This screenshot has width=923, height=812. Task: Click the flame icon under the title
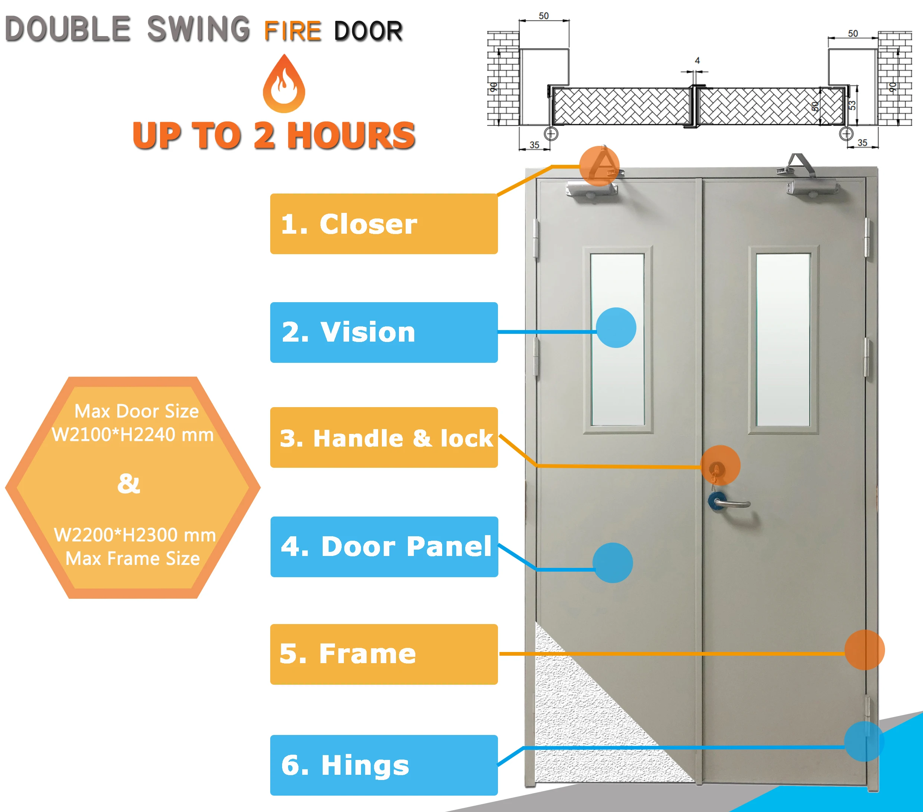pyautogui.click(x=284, y=85)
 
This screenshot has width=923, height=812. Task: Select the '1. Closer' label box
pyautogui.click(x=383, y=224)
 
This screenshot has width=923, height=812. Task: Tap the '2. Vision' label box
pyautogui.click(x=383, y=332)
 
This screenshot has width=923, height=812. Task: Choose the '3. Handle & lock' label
pyautogui.click(x=383, y=438)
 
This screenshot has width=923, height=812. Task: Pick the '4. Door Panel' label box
pyautogui.click(x=384, y=546)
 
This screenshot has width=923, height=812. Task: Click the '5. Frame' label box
pyautogui.click(x=383, y=654)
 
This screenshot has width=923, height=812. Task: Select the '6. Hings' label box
pyautogui.click(x=383, y=765)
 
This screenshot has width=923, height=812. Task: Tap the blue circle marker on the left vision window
pyautogui.click(x=616, y=328)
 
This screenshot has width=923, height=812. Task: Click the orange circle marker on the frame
pyautogui.click(x=864, y=650)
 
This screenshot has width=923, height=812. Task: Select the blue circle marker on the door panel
pyautogui.click(x=612, y=563)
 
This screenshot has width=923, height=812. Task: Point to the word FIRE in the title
pyautogui.click(x=293, y=31)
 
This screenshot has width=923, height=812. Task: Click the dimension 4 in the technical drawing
pyautogui.click(x=697, y=61)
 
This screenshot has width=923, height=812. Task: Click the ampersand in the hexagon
pyautogui.click(x=129, y=483)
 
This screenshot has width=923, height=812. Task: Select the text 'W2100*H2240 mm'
pyautogui.click(x=133, y=434)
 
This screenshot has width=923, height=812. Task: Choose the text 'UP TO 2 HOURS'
pyautogui.click(x=274, y=135)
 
